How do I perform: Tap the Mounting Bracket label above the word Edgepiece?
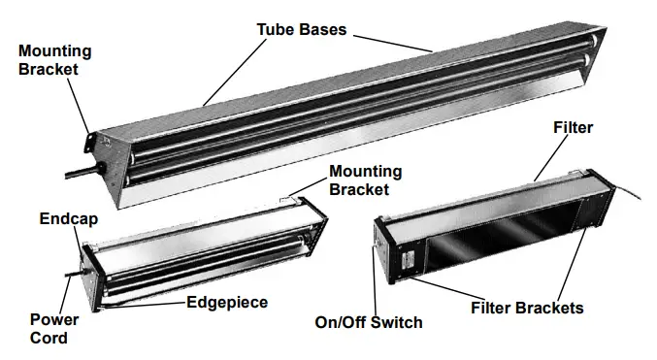coord(364,180)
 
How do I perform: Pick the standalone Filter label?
coord(572,127)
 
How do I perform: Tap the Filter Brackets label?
coord(526,308)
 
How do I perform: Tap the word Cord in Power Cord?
coord(49,339)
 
